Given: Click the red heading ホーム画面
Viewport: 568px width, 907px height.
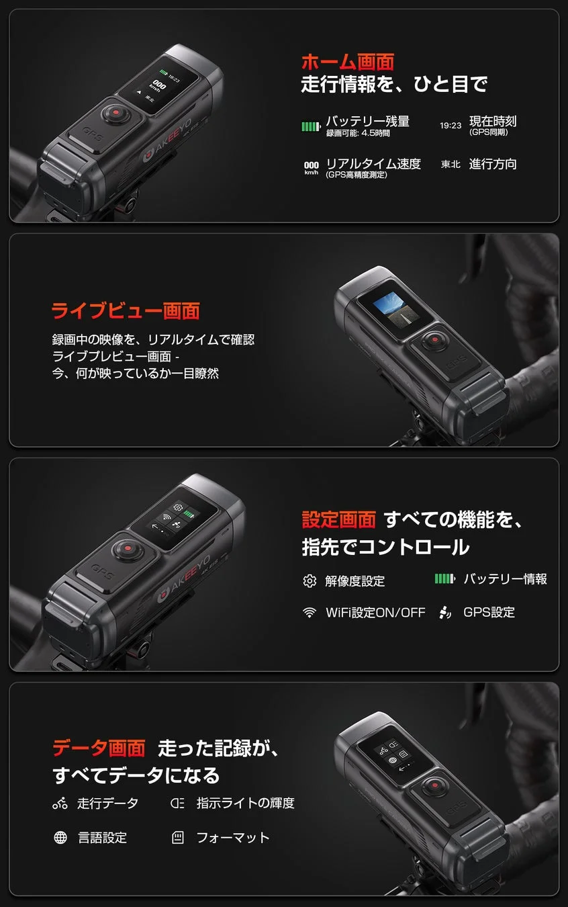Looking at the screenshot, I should click(347, 62).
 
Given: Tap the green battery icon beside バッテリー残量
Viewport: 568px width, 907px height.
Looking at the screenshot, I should click(312, 126).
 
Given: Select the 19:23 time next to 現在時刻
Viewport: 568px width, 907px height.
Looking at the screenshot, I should click(451, 126).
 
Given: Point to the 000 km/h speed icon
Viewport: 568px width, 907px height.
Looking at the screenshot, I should click(312, 167).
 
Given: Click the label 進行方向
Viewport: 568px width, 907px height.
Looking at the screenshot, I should click(493, 164).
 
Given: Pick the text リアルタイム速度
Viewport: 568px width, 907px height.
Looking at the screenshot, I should click(373, 164).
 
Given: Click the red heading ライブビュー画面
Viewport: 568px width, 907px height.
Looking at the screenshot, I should click(126, 311).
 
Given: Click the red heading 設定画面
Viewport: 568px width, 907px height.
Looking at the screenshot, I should click(338, 519).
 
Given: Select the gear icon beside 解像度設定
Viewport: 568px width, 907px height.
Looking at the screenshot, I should click(310, 581).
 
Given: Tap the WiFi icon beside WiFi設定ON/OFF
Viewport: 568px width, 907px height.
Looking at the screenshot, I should click(310, 613).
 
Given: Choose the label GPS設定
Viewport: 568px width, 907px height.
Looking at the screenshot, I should click(489, 612).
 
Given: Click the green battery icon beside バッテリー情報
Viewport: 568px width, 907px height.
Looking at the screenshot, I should click(444, 578).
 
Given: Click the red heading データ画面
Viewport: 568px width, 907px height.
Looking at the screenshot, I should click(99, 748).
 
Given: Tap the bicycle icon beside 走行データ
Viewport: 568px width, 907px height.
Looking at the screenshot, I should click(60, 803).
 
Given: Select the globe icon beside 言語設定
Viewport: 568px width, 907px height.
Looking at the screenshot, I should click(60, 838).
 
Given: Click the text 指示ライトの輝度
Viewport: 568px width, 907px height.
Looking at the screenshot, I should click(245, 803).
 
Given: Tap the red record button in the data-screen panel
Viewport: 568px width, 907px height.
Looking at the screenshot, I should click(434, 785).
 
